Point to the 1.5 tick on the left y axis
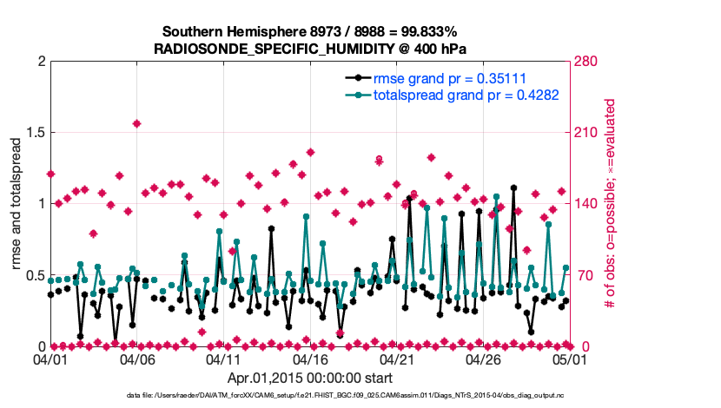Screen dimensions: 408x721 pos(33,133)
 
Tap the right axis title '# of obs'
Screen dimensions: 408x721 pos(611,204)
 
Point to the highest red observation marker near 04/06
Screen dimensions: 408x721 pos(136,123)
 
